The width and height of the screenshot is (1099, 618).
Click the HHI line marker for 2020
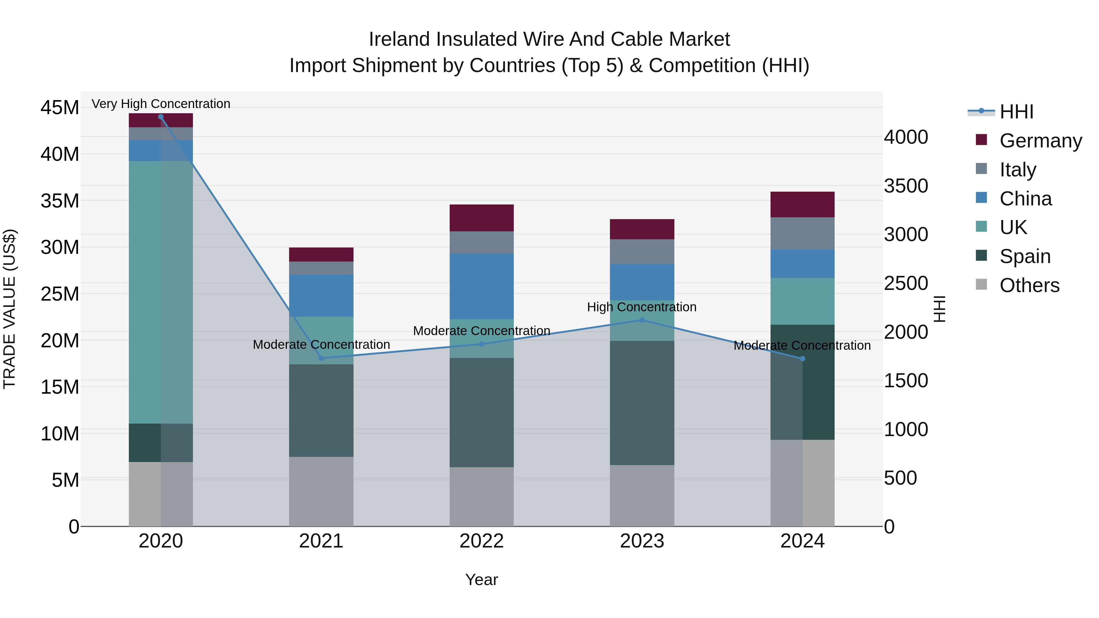tap(161, 117)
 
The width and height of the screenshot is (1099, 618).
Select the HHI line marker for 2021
tap(321, 358)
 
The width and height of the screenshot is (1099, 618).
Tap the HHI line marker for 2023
tap(642, 320)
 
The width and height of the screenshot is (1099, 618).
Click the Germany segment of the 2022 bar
tap(482, 218)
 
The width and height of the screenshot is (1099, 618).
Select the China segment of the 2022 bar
tap(482, 287)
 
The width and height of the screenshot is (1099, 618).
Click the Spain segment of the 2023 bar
tap(642, 403)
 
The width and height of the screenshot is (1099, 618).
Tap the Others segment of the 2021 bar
tap(321, 492)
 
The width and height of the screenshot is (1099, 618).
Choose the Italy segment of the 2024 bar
tap(803, 233)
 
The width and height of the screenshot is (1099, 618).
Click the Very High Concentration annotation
tap(161, 104)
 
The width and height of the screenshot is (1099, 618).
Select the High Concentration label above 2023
tap(642, 307)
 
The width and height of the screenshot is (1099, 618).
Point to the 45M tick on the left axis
tap(60, 107)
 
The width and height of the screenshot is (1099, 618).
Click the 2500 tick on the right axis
tap(906, 283)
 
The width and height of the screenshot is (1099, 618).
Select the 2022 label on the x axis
tap(482, 541)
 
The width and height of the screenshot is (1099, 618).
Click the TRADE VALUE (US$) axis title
tap(9, 309)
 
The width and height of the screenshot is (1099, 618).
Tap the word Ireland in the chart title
tap(399, 39)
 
